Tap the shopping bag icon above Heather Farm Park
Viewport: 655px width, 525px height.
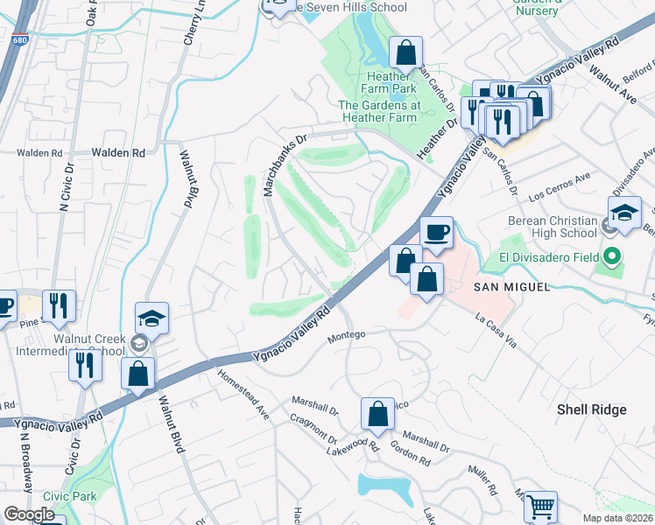(x=405, y=52)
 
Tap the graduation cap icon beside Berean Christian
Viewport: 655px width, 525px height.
(x=625, y=213)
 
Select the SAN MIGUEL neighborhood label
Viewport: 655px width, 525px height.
(x=511, y=287)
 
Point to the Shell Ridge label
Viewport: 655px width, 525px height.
(x=592, y=409)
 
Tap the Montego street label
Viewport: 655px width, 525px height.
(x=345, y=334)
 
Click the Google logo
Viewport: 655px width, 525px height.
(x=30, y=514)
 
